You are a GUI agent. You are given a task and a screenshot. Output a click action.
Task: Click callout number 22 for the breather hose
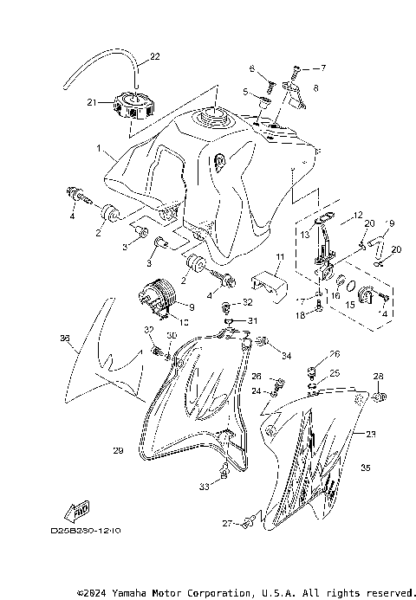click(155, 57)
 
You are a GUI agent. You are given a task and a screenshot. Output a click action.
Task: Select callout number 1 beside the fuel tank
click(100, 149)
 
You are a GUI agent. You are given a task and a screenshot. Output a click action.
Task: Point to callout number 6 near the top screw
click(250, 68)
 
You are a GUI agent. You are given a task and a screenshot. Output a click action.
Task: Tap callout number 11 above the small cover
click(280, 257)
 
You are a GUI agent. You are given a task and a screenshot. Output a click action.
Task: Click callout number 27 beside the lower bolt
click(226, 524)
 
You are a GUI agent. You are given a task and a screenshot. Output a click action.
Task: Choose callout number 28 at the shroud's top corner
click(378, 376)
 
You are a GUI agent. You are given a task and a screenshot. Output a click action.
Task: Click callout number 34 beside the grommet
click(287, 355)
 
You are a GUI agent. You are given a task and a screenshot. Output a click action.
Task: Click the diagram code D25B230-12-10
click(85, 528)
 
